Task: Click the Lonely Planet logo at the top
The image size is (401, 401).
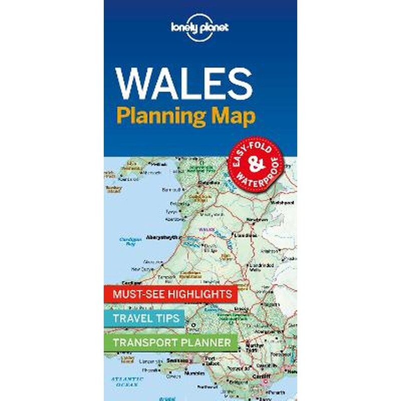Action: tap(200, 28)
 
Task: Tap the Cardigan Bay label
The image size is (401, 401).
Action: tap(131, 242)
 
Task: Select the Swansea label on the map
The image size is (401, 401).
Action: tap(177, 360)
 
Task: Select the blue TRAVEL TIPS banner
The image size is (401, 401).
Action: tap(144, 318)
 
